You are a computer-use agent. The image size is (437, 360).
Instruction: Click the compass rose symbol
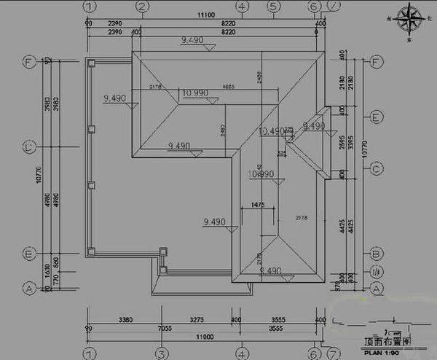(x=414, y=20)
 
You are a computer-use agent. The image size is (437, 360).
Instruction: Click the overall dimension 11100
(x=204, y=15)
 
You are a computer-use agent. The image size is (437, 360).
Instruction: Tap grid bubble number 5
(x=272, y=7)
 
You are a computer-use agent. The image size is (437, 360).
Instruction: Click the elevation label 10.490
(x=271, y=131)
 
